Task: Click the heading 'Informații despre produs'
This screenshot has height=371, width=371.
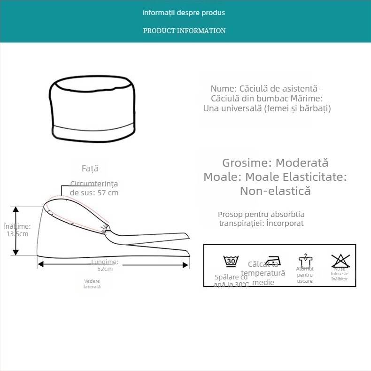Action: (x=184, y=13)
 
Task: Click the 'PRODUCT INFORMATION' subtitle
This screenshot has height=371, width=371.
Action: (x=184, y=31)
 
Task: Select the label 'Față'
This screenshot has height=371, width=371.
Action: (x=90, y=169)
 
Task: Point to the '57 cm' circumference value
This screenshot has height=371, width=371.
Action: (x=108, y=193)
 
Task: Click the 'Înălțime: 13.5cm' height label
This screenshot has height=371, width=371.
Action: (x=17, y=230)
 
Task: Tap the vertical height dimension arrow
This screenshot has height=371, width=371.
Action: (x=15, y=231)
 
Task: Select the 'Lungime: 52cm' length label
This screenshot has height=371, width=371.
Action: (x=105, y=265)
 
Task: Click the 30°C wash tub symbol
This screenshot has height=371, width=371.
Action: (x=231, y=261)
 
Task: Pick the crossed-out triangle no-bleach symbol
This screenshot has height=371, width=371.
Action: (x=340, y=260)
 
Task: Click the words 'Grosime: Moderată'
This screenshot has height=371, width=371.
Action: (x=275, y=163)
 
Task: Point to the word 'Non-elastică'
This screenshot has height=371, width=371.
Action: (x=275, y=191)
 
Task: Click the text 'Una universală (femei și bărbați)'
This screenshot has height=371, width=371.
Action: (x=267, y=108)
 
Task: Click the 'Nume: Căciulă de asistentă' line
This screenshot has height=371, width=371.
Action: (x=267, y=88)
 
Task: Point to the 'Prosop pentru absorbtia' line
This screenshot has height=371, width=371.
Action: (x=261, y=214)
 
